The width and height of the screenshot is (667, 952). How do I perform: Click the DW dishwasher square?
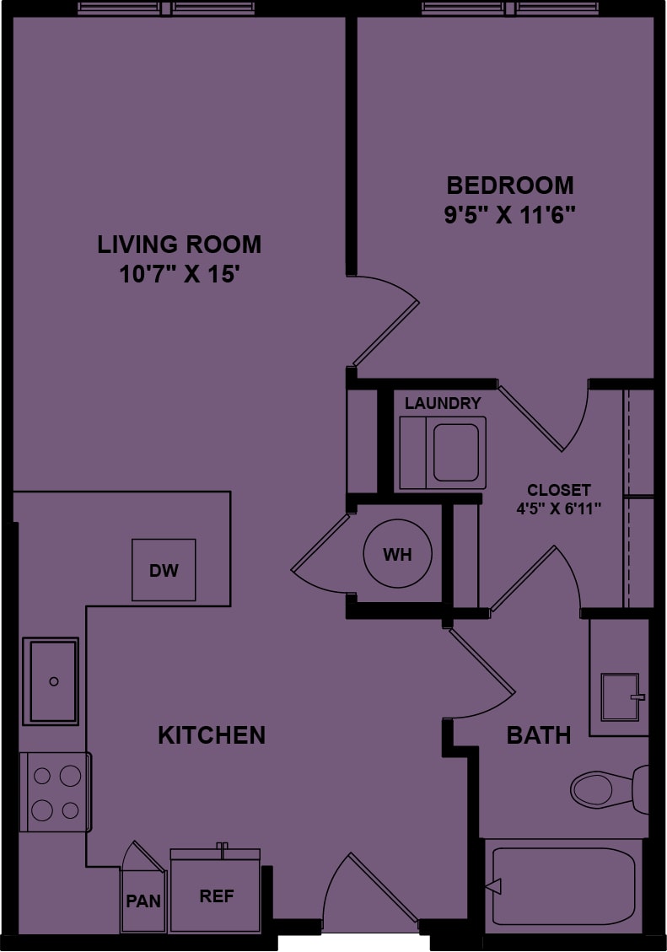164,569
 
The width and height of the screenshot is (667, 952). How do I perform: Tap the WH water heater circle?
397,553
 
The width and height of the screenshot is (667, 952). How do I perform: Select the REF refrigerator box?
216,890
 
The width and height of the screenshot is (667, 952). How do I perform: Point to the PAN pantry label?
143,901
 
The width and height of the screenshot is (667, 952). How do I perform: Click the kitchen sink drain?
54,681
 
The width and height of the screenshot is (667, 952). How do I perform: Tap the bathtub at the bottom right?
563,886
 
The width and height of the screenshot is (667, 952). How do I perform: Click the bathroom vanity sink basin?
621,697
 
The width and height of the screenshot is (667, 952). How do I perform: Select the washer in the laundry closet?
443,452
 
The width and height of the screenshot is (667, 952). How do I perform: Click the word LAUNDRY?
443,403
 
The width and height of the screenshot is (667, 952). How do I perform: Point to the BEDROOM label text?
510,186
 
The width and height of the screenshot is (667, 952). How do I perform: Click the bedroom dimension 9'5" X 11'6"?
510,215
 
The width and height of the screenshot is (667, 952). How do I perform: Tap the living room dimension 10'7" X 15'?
177,274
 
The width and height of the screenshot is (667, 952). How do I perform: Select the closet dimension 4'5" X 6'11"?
558,508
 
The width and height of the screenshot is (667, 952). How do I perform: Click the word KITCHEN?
212,735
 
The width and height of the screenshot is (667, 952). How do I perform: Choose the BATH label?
539,735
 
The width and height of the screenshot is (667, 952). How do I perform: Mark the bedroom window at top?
510,8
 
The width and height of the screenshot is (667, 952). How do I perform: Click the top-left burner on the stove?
42,776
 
